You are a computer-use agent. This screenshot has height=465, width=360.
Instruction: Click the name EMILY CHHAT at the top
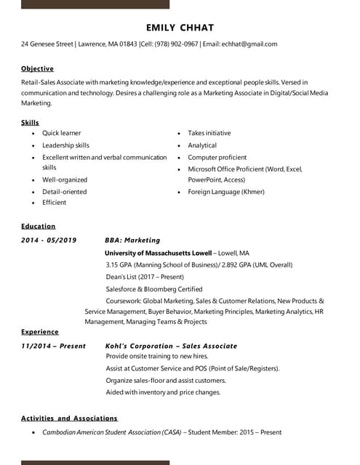pyautogui.click(x=180, y=28)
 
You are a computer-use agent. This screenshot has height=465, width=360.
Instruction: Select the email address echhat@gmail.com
pyautogui.click(x=249, y=44)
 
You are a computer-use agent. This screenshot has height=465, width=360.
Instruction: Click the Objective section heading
pyautogui.click(x=37, y=68)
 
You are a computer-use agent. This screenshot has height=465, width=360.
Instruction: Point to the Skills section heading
pyautogui.click(x=30, y=123)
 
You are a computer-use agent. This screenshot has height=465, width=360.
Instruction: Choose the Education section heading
pyautogui.click(x=38, y=226)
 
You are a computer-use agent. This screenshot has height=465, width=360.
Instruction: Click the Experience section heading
pyautogui.click(x=40, y=332)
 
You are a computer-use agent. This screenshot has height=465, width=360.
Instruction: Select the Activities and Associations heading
pyautogui.click(x=69, y=418)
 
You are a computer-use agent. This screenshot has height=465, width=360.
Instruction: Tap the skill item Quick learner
pyautogui.click(x=61, y=133)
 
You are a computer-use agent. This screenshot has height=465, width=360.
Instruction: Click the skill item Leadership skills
pyautogui.click(x=65, y=145)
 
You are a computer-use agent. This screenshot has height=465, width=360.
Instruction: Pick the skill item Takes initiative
pyautogui.click(x=209, y=133)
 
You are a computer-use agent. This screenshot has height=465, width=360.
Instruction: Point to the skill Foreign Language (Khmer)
pyautogui.click(x=225, y=192)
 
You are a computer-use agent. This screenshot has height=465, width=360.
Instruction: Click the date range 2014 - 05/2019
pyautogui.click(x=49, y=240)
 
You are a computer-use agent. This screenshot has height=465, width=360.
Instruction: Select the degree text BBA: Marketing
pyautogui.click(x=132, y=240)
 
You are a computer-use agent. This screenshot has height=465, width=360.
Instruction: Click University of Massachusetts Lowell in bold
pyautogui.click(x=157, y=254)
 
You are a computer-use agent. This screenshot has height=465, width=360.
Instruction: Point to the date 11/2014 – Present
pyautogui.click(x=53, y=346)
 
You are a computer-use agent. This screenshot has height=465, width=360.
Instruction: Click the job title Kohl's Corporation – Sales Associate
pyautogui.click(x=171, y=346)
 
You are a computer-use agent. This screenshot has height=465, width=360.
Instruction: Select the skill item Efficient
pyautogui.click(x=54, y=203)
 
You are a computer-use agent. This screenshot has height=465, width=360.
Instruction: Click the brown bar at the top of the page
pyautogui.click(x=95, y=4)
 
